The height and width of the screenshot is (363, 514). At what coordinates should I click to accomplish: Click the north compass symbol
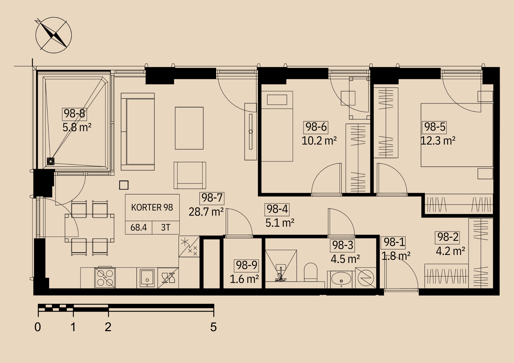(53, 35)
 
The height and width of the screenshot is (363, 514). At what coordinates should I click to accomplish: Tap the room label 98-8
(75, 114)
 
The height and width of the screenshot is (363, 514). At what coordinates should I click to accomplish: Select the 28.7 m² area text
(206, 212)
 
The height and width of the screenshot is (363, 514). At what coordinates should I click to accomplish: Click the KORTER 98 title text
(152, 207)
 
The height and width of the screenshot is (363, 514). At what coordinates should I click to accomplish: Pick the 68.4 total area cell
(139, 227)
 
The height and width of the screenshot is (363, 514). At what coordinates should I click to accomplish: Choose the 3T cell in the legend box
(166, 227)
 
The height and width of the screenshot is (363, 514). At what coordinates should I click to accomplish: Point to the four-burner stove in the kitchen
(105, 278)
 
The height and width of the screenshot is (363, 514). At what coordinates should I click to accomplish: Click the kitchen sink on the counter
(147, 278)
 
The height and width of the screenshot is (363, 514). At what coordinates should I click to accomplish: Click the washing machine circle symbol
(366, 278)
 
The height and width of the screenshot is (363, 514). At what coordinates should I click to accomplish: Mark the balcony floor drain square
(51, 161)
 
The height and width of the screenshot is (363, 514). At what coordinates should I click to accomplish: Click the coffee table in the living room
(189, 128)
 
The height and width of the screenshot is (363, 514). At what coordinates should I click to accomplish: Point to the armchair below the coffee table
(190, 175)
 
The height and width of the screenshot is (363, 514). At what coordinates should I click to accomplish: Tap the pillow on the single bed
(277, 100)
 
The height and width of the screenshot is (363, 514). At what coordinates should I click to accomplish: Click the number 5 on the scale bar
(213, 327)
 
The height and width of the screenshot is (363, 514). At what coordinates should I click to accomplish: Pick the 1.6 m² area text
(244, 279)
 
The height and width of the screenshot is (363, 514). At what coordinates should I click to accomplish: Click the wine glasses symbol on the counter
(168, 278)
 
